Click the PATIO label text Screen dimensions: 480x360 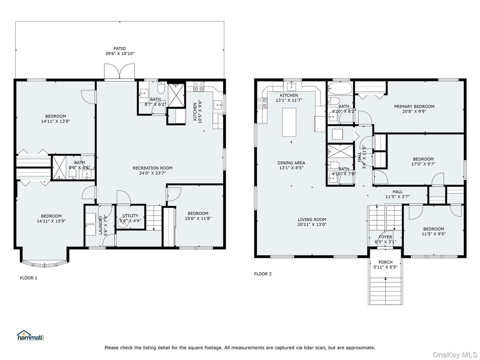point(120,48)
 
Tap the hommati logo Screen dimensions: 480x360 point(30,335)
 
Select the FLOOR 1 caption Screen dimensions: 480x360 point(29,278)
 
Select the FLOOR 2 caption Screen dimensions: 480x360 point(263,274)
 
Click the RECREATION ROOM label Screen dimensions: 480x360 point(152,168)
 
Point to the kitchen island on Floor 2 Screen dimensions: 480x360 point(289,122)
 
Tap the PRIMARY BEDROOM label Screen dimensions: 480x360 point(414,107)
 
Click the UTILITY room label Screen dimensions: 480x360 point(130,215)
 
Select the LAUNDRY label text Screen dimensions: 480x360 point(100,225)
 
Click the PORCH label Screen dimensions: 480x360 point(386,262)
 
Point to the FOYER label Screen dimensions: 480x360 point(386,237)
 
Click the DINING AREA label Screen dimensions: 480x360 point(291,163)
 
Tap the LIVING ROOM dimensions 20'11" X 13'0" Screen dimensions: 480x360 point(312,224)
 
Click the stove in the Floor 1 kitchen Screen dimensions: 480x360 point(199,86)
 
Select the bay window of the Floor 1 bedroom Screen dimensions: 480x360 point(45,261)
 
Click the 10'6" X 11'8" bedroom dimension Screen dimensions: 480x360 point(198,219)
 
